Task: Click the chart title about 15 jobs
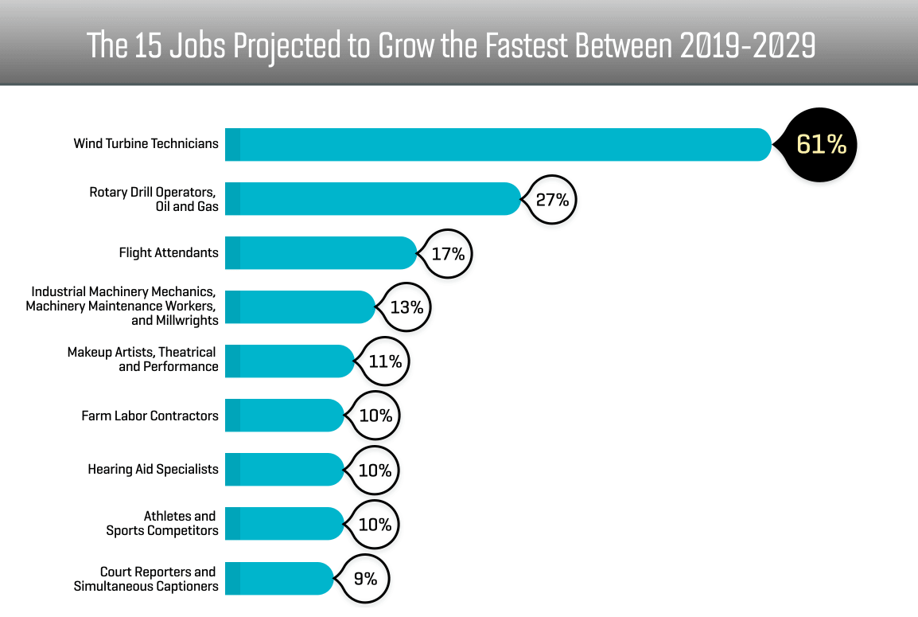point(451,45)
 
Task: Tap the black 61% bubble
point(821,144)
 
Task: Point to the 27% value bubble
point(551,199)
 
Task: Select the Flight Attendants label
point(169,252)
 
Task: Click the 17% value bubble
point(447,253)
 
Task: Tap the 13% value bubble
point(406,307)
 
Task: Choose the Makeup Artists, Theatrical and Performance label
point(142,359)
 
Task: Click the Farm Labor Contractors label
point(150,416)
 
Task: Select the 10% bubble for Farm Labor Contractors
point(375,416)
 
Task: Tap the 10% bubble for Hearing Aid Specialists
point(375,470)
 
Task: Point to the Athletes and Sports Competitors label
point(162,523)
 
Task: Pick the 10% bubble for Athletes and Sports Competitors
point(375,525)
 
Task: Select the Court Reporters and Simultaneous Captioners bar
point(278,578)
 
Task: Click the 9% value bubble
point(365,579)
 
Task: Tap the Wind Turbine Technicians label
point(146,144)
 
